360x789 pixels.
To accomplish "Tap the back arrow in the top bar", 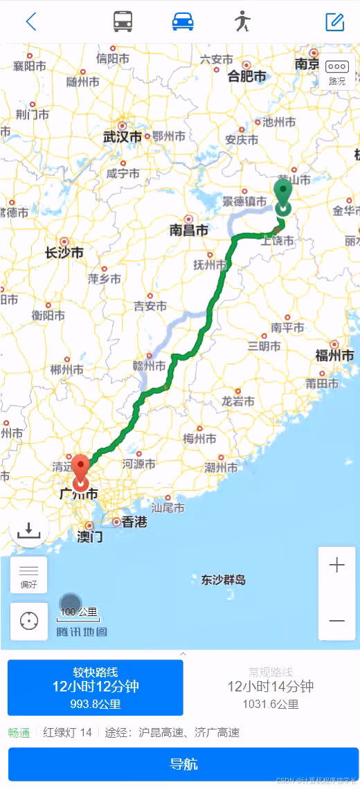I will coord(30,21).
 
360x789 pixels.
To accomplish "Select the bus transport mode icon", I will coord(123,21).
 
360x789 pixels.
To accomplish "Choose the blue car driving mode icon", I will coord(183,21).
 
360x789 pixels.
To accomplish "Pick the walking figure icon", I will coord(242,21).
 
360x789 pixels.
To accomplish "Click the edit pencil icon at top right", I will coord(335,21).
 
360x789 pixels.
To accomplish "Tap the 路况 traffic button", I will coord(337,73).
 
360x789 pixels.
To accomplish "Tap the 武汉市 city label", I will coord(123,137).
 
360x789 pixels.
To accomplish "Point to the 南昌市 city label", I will coord(188,230).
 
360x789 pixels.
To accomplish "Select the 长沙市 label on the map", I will coord(64,253).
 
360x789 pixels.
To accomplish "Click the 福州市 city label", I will coord(335,356).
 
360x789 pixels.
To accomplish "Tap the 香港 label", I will coord(134,522).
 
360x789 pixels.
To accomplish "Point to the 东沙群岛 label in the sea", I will coord(224,580).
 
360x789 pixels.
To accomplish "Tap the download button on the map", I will coord(29,529).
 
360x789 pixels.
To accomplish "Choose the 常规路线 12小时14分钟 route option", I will coord(271,687).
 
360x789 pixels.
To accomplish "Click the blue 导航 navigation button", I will coord(183,764).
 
